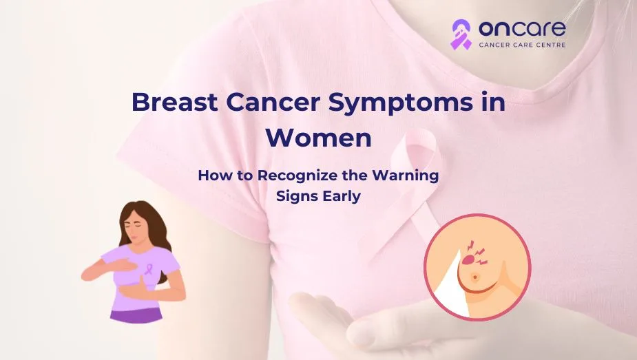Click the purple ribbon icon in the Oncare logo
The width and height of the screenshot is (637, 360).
point(461,35)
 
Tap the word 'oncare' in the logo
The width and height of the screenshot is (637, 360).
point(522,28)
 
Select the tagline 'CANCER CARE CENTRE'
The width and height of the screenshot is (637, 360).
point(522,45)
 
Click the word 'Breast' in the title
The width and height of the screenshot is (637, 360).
point(175,102)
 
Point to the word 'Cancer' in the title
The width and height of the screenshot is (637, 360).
point(273,103)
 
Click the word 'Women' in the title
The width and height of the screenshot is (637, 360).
point(318,138)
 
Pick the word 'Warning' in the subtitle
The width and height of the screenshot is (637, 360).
point(406,176)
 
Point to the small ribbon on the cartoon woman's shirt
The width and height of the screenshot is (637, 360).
point(149,268)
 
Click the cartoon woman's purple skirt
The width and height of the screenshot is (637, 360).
point(136,315)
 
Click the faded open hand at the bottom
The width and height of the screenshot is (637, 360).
point(366,321)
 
